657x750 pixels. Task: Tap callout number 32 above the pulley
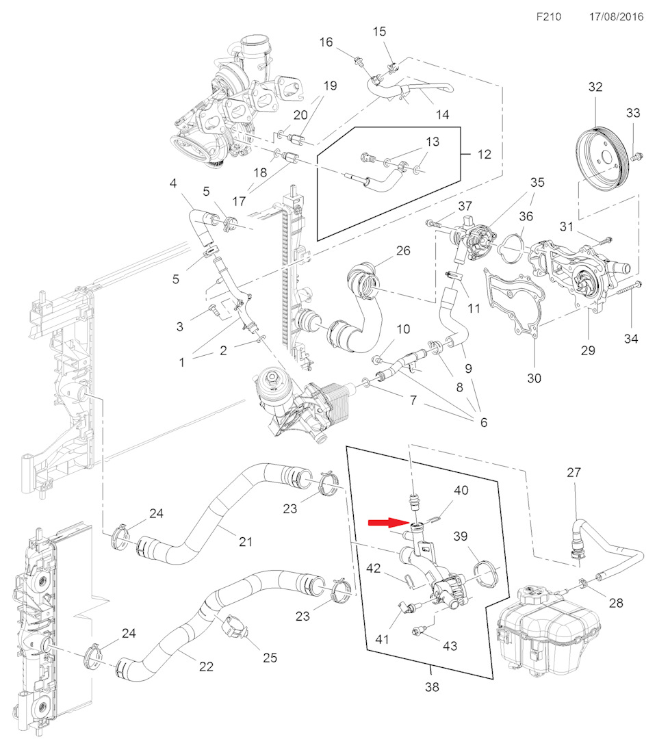click(595, 87)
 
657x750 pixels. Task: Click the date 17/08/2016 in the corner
click(616, 16)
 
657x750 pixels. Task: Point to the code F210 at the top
click(549, 16)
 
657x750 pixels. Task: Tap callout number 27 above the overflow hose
click(574, 472)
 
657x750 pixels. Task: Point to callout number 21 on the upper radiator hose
click(246, 542)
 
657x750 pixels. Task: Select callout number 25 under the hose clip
click(270, 658)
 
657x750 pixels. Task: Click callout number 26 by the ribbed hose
click(403, 250)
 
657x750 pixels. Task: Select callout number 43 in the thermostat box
click(450, 645)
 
